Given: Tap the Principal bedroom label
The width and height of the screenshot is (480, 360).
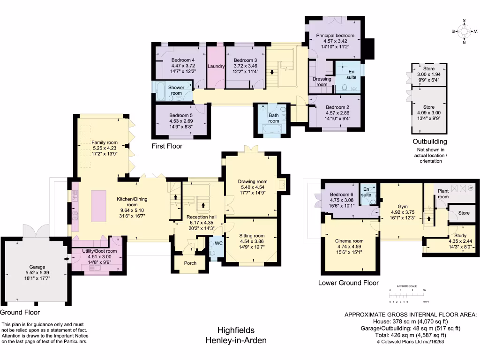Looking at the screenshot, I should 335,36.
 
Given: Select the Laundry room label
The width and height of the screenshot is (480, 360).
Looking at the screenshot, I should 216,66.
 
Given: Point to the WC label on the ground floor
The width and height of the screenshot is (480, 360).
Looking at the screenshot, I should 218,243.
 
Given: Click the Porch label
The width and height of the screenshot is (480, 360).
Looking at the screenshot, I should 190,263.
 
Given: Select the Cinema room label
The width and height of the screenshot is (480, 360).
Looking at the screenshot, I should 349,241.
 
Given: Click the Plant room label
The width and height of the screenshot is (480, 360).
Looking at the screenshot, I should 443,194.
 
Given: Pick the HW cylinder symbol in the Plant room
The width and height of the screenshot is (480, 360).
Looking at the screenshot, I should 470,188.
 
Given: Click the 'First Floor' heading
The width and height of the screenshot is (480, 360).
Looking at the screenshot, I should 167,146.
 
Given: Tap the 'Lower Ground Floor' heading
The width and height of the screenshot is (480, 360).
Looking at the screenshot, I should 348,283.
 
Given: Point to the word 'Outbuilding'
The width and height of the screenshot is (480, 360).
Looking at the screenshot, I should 429,142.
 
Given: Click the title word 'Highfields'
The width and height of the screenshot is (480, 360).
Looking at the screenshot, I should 236,330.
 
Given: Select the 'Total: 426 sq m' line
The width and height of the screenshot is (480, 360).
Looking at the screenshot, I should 410,335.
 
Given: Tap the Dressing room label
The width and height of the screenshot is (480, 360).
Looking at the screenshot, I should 322,82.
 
